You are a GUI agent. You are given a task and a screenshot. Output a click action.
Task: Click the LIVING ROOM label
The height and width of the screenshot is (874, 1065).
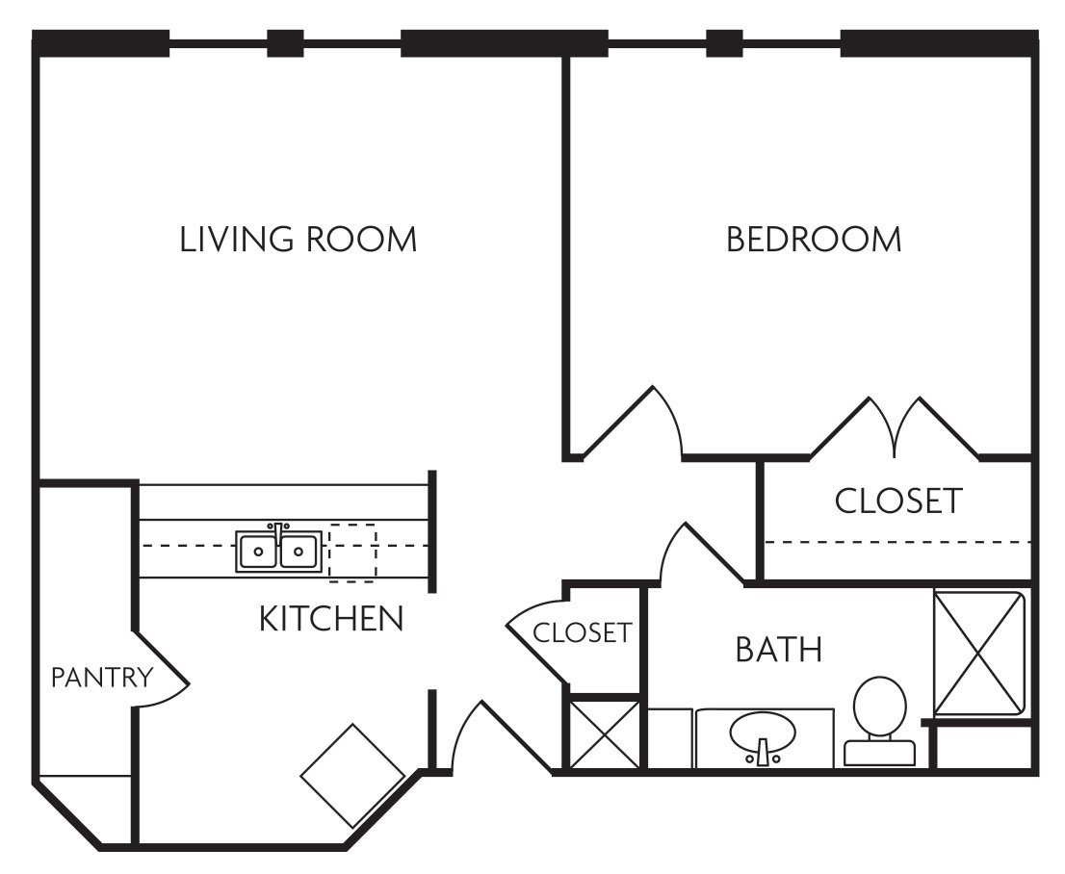click(x=299, y=240)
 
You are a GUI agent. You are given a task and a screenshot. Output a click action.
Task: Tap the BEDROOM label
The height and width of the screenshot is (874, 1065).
click(x=814, y=240)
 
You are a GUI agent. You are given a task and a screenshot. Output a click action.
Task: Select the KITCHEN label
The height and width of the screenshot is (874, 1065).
click(x=330, y=620)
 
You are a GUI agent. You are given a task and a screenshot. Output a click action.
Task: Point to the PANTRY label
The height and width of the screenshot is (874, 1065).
click(x=101, y=678)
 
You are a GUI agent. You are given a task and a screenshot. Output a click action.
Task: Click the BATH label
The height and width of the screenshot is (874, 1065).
click(x=778, y=650)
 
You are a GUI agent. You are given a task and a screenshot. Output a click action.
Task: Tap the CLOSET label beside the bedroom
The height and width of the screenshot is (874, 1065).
click(x=897, y=501)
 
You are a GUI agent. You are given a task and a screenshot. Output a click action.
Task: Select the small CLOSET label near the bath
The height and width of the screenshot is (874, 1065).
click(x=582, y=633)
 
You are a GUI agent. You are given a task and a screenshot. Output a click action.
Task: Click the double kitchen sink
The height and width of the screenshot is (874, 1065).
click(x=278, y=551)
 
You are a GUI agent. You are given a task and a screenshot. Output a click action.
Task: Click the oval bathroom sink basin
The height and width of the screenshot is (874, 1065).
click(x=763, y=734)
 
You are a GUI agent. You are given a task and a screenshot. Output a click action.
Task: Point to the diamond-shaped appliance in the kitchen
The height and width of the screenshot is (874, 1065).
click(x=352, y=775)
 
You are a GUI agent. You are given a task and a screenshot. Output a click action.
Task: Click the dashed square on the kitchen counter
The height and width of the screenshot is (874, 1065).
click(x=352, y=553)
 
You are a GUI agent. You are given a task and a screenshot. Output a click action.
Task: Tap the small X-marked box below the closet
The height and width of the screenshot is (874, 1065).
click(x=604, y=733)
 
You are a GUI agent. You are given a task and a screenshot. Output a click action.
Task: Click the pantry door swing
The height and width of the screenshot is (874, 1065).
click(x=162, y=679)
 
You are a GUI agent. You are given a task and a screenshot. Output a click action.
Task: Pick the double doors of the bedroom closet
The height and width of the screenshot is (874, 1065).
click(x=896, y=425)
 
